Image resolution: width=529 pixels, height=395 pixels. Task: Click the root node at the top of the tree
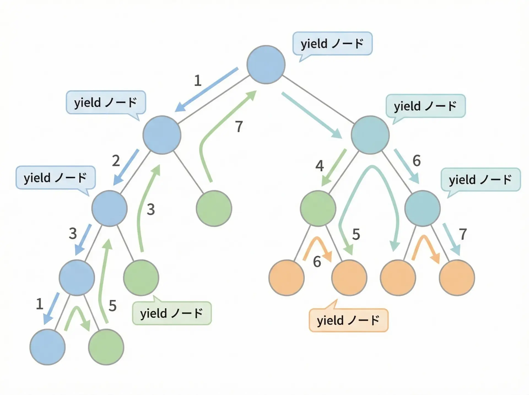pyautogui.click(x=266, y=64)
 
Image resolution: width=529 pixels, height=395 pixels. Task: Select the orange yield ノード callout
pyautogui.click(x=349, y=320)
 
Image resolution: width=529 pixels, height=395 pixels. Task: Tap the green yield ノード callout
pyautogui.click(x=172, y=313)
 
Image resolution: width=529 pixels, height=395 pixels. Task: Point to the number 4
pyautogui.click(x=319, y=166)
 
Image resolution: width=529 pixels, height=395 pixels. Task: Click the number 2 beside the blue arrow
pyautogui.click(x=116, y=161)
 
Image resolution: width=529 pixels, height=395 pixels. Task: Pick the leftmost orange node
pyautogui.click(x=287, y=278)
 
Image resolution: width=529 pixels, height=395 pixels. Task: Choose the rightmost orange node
pyautogui.click(x=457, y=278)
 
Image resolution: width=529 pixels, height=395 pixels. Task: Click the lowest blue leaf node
pyautogui.click(x=47, y=347)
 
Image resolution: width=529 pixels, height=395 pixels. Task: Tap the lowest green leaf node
pyautogui.click(x=106, y=347)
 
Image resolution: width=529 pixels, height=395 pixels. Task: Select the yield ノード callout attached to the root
pyautogui.click(x=332, y=44)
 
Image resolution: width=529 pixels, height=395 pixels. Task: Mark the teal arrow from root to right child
pyautogui.click(x=311, y=115)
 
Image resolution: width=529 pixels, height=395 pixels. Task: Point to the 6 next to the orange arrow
pyautogui.click(x=317, y=262)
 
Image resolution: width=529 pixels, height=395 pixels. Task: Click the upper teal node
pyautogui.click(x=370, y=135)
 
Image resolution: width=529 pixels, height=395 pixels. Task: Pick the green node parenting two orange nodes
pyautogui.click(x=318, y=208)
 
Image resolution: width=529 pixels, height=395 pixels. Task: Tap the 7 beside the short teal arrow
pyautogui.click(x=463, y=234)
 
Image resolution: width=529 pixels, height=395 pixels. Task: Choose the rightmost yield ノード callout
pyautogui.click(x=481, y=180)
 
